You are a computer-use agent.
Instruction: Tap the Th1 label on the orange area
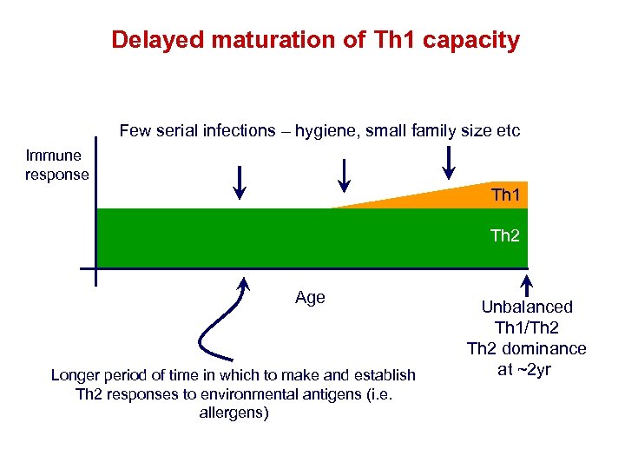(x=505, y=195)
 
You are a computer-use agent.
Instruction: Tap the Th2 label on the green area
(x=505, y=235)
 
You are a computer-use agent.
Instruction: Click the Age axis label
(x=310, y=298)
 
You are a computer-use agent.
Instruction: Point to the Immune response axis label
(x=56, y=165)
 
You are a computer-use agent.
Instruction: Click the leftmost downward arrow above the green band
(x=240, y=182)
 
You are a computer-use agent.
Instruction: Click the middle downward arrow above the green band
(x=344, y=175)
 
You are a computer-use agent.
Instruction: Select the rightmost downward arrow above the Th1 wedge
(x=449, y=161)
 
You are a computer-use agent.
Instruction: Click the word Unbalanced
(x=527, y=307)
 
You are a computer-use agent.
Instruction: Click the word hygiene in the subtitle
(x=326, y=131)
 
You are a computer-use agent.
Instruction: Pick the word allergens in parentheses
(x=234, y=413)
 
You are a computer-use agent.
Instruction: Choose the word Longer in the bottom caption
(x=76, y=375)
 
